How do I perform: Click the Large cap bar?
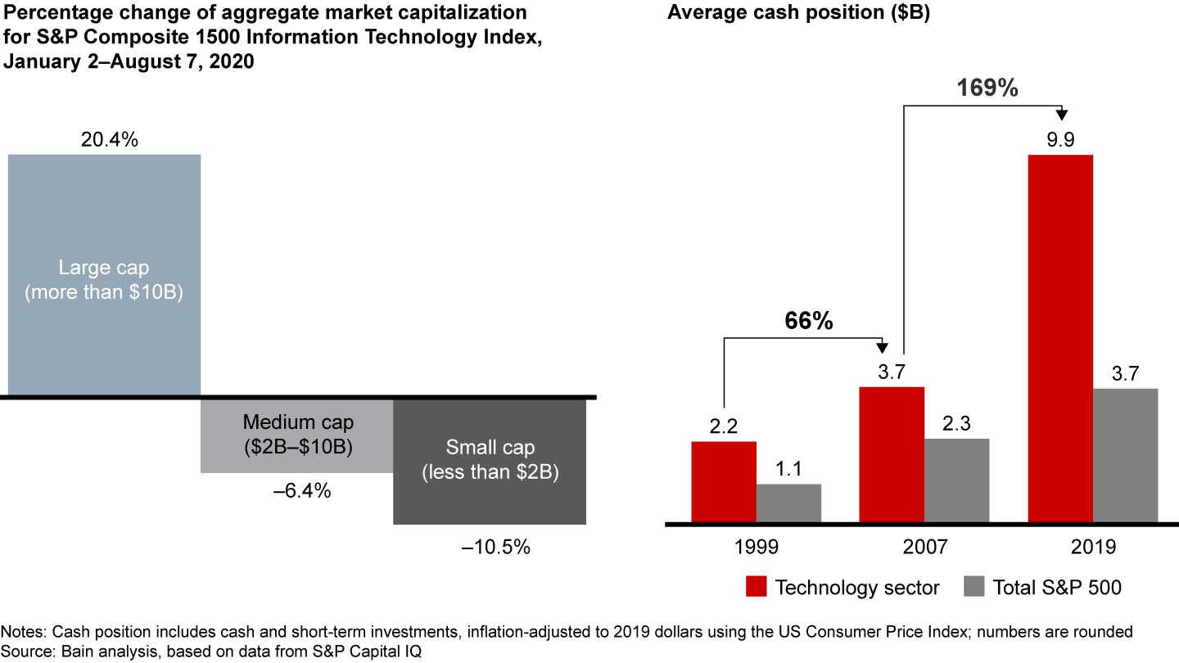pyautogui.click(x=104, y=275)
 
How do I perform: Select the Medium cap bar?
pyautogui.click(x=297, y=435)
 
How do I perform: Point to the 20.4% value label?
pyautogui.click(x=109, y=140)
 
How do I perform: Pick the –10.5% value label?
pyautogui.click(x=495, y=548)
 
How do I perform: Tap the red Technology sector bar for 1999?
pyautogui.click(x=724, y=482)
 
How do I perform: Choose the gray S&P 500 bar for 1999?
pyautogui.click(x=788, y=503)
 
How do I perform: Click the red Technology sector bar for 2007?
pyautogui.click(x=892, y=455)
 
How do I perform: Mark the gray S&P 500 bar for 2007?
pyautogui.click(x=956, y=480)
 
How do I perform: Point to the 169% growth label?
pyautogui.click(x=987, y=88)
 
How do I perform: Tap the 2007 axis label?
pyautogui.click(x=924, y=546)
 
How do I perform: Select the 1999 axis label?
pyautogui.click(x=756, y=546)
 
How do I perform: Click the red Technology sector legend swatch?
pyautogui.click(x=755, y=587)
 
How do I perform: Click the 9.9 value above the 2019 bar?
pyautogui.click(x=1060, y=139)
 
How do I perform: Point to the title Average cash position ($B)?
pyautogui.click(x=798, y=14)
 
